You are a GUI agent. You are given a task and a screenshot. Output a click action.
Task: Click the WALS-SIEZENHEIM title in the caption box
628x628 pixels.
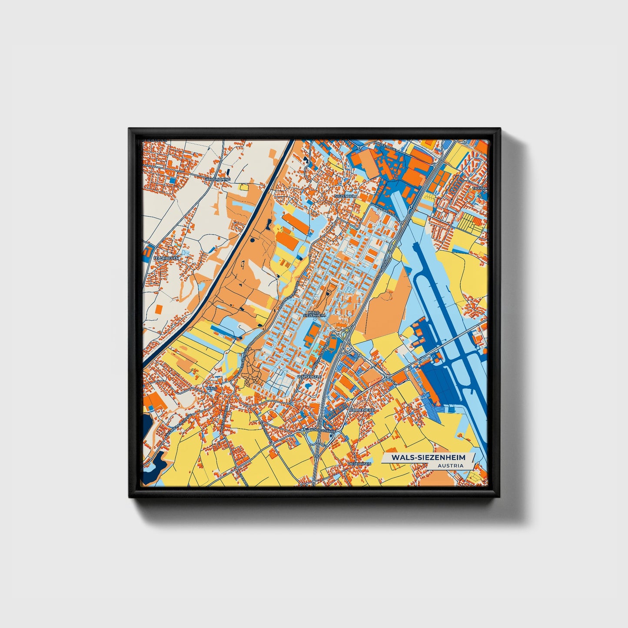[x=428, y=458]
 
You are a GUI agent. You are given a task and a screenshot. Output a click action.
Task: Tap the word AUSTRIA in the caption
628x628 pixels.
[x=450, y=465]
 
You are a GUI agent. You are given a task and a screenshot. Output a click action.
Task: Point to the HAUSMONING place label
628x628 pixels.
[x=218, y=179]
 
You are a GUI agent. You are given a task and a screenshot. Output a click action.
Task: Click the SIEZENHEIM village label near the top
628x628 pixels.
[x=346, y=196]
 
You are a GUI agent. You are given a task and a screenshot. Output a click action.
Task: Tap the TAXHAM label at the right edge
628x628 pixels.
[x=482, y=188]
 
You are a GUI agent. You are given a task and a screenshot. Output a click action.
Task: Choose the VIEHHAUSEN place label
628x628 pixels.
[x=359, y=464]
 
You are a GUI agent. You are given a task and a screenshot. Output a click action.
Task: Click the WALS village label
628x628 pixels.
[x=212, y=388]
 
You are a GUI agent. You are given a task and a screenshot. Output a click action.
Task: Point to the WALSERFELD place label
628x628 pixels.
[x=309, y=377]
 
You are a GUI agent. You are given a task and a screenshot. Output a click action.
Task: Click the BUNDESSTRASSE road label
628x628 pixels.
[x=322, y=431]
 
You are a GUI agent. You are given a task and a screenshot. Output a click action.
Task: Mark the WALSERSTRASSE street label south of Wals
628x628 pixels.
[x=222, y=418]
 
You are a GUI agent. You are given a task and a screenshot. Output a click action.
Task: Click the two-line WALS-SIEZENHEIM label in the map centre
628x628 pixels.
[x=316, y=314]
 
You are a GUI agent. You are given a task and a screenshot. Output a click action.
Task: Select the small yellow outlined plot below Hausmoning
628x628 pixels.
[x=243, y=187]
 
